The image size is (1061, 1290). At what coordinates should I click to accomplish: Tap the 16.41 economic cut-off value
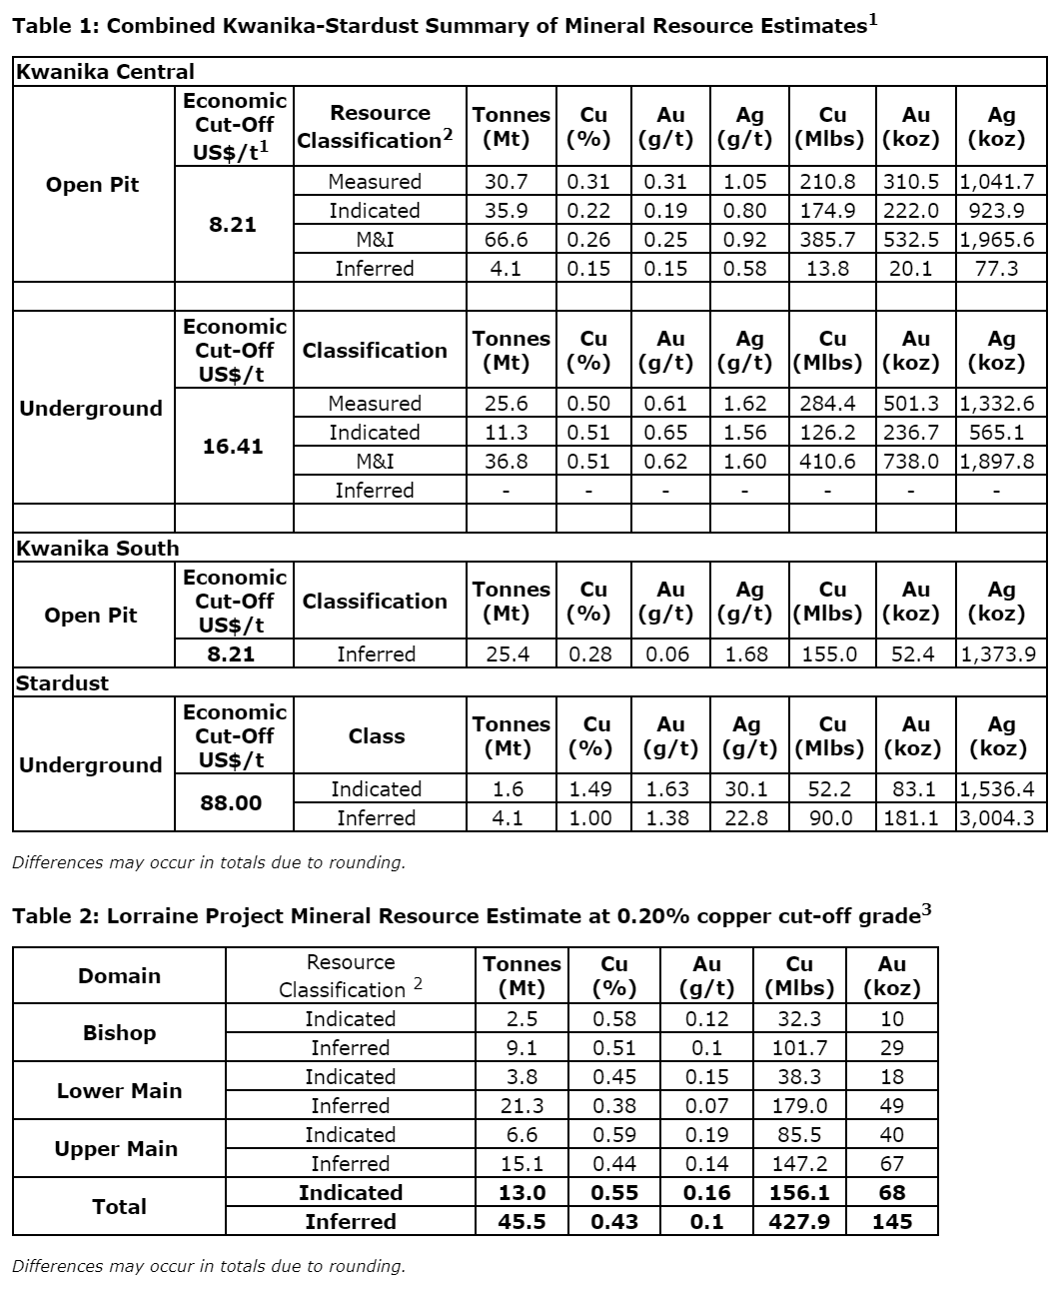(233, 447)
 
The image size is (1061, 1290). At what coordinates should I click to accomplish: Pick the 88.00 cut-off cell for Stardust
(231, 803)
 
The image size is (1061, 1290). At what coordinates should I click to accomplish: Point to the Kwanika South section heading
(98, 549)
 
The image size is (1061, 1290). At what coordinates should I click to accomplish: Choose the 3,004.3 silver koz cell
(1001, 818)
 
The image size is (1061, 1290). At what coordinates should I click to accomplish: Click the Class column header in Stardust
(377, 736)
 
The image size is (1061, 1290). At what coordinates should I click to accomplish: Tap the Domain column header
(119, 976)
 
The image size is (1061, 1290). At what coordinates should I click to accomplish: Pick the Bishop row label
(119, 1033)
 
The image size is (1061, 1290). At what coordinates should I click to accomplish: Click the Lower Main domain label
(119, 1091)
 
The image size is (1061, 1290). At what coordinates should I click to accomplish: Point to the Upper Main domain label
(116, 1149)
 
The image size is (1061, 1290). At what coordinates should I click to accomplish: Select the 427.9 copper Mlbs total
(799, 1222)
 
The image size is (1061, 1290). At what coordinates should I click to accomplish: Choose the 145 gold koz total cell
(891, 1222)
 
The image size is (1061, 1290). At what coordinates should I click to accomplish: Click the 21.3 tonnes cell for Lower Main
(522, 1106)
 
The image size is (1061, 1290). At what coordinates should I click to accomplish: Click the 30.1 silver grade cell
(746, 789)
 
